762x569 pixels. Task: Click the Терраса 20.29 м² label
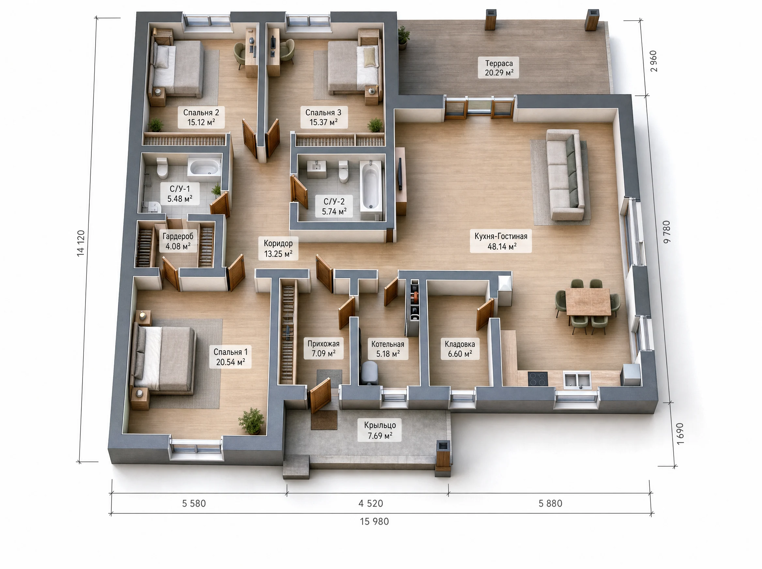(499, 68)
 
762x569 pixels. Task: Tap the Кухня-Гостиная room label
(501, 241)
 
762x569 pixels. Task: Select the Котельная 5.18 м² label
(388, 348)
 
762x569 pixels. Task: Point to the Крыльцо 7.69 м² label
(380, 430)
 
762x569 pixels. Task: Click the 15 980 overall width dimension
(374, 521)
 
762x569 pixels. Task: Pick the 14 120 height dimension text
(81, 243)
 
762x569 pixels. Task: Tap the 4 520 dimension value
(371, 503)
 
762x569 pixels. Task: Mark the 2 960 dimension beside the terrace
(653, 61)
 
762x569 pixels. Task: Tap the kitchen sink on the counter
(577, 380)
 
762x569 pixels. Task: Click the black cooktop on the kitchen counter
(538, 379)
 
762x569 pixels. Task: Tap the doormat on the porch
(324, 420)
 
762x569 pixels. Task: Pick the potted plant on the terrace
(403, 37)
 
